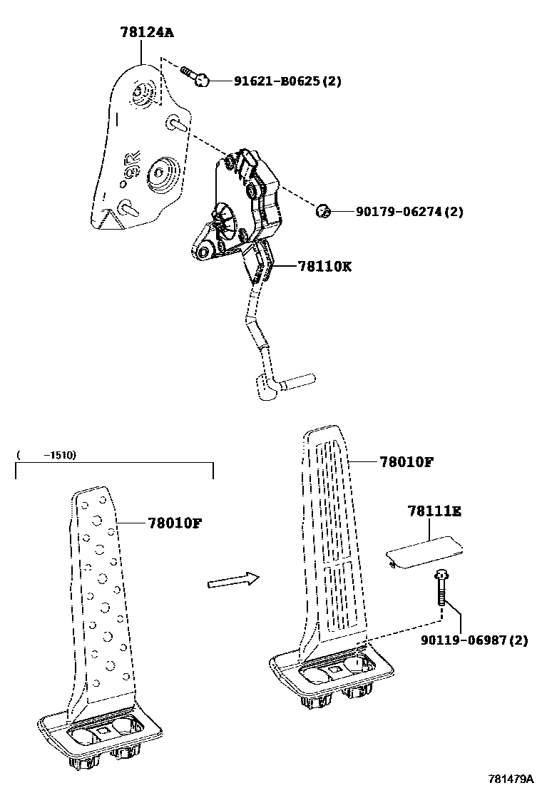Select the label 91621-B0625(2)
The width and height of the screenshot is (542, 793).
tap(287, 81)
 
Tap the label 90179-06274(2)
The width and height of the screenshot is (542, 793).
tap(404, 212)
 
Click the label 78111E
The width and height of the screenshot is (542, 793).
tap(434, 511)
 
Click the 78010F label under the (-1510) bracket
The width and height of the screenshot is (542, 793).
tap(175, 523)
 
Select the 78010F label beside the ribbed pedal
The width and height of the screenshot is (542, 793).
tap(406, 461)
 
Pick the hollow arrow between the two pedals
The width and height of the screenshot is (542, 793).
tap(232, 580)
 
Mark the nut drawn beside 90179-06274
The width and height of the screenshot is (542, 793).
tap(322, 210)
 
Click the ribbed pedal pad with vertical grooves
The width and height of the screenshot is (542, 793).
tap(333, 542)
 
